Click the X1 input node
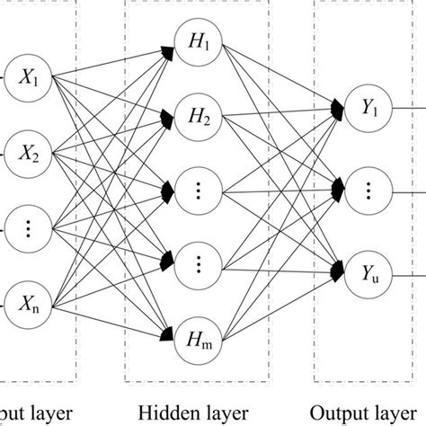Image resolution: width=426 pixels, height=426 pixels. point(28,79)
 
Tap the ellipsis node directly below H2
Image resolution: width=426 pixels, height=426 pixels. point(199,191)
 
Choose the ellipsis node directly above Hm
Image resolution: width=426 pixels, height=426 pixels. point(199,263)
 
